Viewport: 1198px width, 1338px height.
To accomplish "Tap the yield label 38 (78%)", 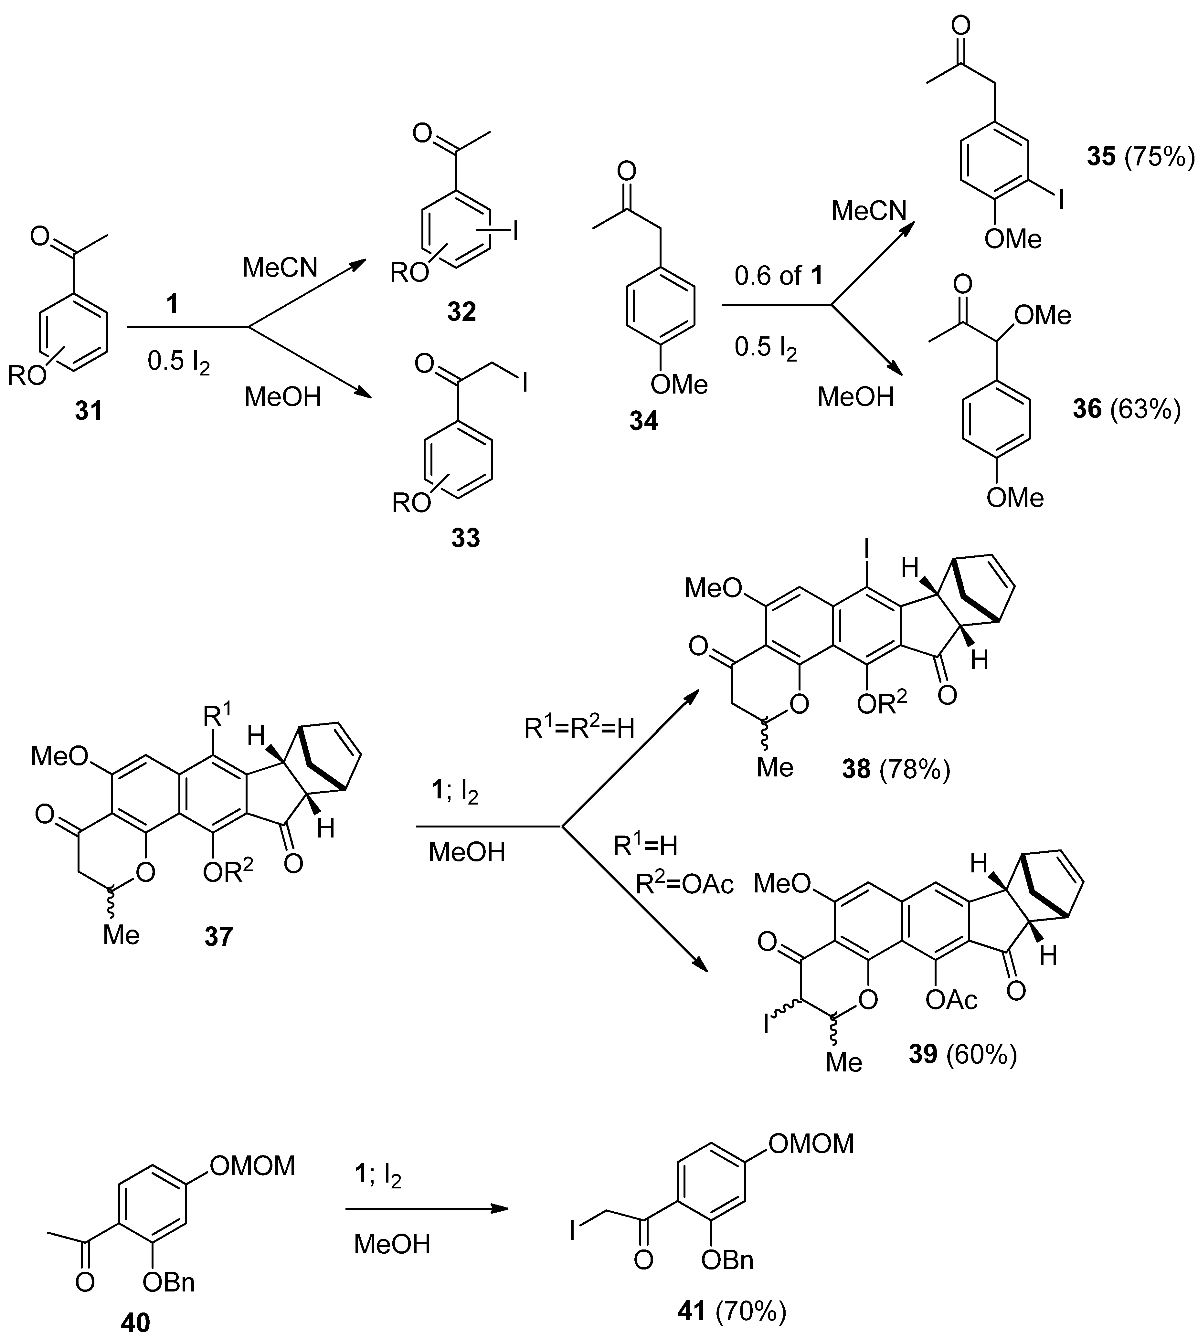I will pos(896,769).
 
